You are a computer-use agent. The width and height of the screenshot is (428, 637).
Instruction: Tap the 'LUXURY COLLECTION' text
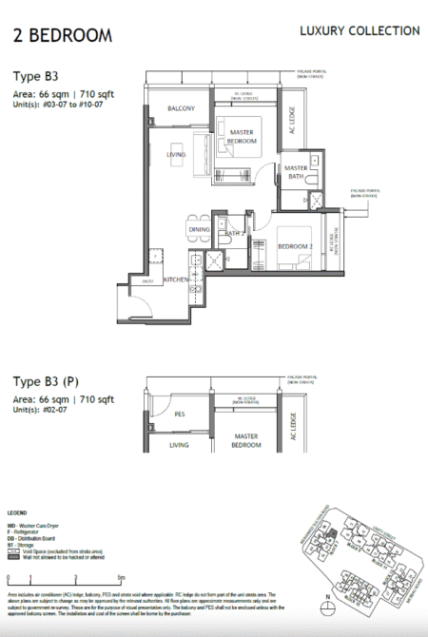[x=360, y=31]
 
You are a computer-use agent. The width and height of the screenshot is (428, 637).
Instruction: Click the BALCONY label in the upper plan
[x=182, y=109]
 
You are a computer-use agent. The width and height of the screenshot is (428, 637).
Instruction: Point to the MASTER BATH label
[x=295, y=173]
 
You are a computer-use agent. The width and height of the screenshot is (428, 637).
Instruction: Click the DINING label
[x=199, y=229]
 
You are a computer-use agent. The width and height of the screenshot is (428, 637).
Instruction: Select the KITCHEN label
[x=177, y=280]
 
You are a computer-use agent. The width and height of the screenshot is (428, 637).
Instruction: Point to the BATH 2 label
[x=235, y=233]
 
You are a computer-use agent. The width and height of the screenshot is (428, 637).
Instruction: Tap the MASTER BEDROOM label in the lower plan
[x=246, y=440]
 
